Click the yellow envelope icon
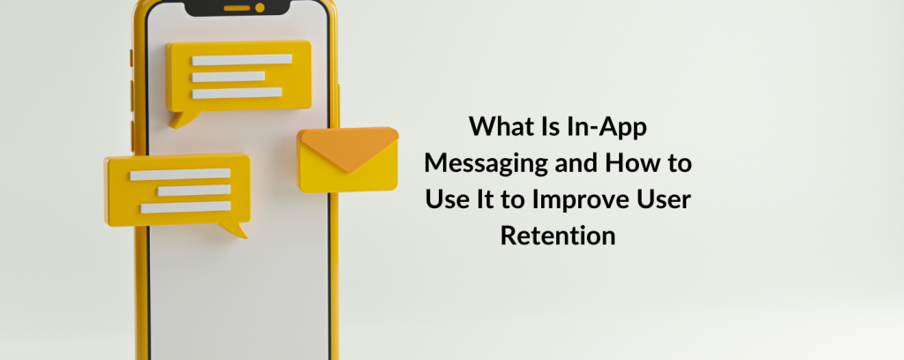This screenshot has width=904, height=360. tap(348, 160)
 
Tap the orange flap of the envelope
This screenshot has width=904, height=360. tap(349, 147)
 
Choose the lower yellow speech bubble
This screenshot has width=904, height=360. tap(177, 193)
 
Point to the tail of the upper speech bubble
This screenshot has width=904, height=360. tap(185, 118)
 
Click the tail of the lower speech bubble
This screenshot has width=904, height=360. tap(234, 229)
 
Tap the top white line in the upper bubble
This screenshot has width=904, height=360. tap(242, 59)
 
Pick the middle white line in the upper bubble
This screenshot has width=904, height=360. tap(229, 77)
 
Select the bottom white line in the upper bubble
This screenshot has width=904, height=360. tap(237, 93)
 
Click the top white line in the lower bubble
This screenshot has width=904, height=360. tap(180, 174)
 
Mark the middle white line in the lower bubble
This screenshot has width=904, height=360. tap(194, 191)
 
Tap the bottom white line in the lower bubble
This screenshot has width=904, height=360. tap(185, 207)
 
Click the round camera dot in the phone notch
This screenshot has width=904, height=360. tap(260, 7)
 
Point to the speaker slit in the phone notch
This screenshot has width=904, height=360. tap(237, 8)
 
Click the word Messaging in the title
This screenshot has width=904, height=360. tap(486, 164)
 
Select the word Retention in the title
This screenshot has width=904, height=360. tap(558, 236)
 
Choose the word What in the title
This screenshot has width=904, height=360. tap(496, 127)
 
